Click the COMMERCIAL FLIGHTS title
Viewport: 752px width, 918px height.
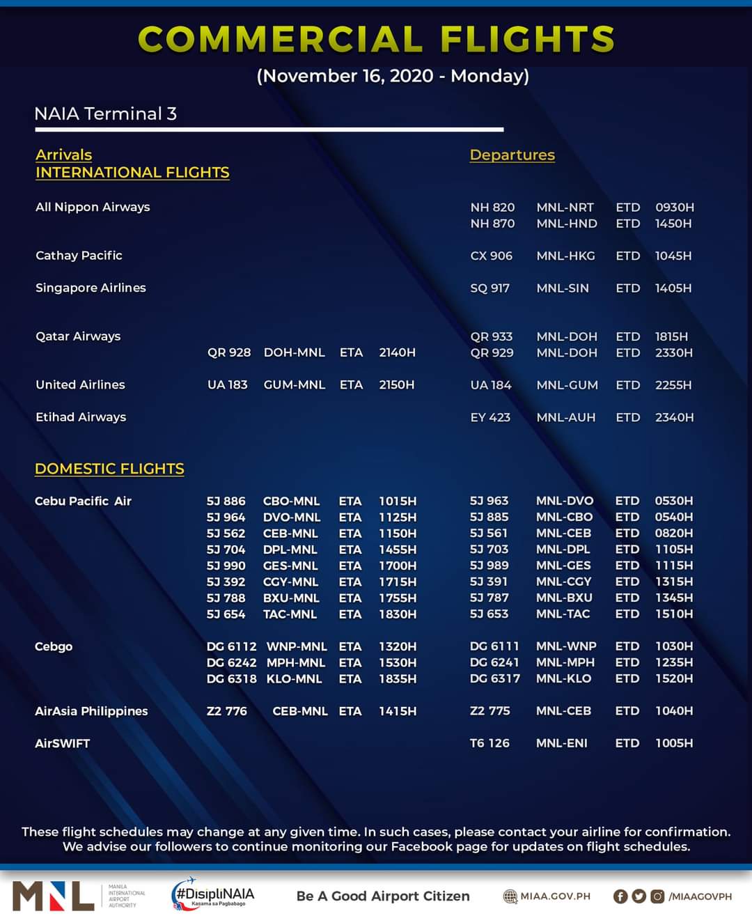tap(376, 39)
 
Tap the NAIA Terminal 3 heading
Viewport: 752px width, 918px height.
tap(105, 114)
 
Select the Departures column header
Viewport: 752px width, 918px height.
tap(512, 155)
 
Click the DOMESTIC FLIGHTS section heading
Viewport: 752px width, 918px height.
tap(109, 469)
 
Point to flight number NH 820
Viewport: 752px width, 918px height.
tap(492, 208)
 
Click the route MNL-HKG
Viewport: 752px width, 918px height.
tap(565, 256)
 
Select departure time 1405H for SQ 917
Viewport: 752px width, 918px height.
tap(673, 288)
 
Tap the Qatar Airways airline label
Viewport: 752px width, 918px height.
tap(78, 336)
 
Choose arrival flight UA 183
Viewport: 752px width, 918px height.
tap(227, 384)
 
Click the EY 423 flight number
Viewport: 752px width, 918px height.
tap(490, 417)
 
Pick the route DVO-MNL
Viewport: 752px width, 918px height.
tap(291, 518)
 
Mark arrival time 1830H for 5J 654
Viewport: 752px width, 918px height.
tap(398, 614)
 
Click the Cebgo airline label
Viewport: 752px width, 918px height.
tap(54, 646)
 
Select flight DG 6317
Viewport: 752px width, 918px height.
tap(494, 678)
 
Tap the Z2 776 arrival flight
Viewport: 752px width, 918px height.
tap(226, 711)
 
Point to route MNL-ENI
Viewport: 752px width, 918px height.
tap(561, 743)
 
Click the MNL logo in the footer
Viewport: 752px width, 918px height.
tap(53, 896)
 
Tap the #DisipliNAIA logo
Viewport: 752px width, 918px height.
tap(213, 895)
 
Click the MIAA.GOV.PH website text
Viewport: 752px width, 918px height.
tap(554, 896)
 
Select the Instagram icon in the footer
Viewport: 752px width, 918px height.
tap(657, 896)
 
